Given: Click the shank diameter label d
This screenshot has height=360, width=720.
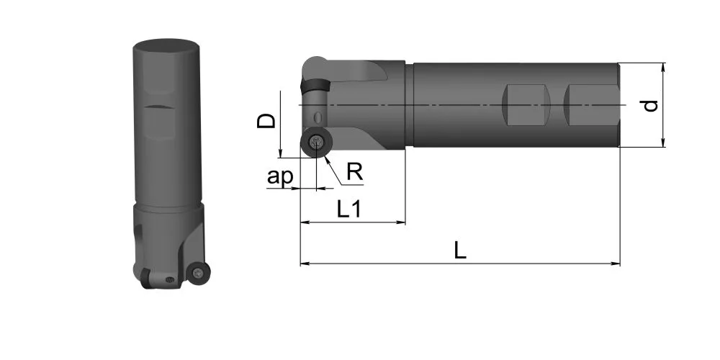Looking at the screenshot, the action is [649, 106].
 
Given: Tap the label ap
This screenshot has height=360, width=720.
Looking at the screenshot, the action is [279, 176].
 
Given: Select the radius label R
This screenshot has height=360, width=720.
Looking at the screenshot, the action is [355, 172].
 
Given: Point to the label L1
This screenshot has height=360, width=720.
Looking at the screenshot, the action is [349, 210].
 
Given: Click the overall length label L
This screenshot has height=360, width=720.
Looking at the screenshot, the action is [460, 251].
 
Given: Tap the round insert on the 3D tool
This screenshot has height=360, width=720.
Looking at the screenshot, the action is [199, 273].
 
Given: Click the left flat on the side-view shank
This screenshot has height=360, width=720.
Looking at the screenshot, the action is [526, 105].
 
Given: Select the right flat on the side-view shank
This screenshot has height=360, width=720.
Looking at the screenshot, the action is [591, 105].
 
